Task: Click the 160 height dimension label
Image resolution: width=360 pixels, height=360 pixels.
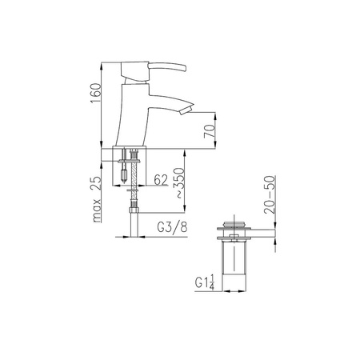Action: pos(96,94)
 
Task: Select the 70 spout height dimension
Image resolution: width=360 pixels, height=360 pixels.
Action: pos(210,131)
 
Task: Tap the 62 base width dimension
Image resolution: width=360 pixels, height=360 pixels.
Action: pos(161,180)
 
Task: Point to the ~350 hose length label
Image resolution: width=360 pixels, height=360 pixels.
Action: pos(179,183)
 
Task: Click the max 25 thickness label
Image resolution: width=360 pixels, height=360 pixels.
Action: pos(97,199)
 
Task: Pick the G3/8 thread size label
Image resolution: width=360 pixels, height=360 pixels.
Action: pos(172,227)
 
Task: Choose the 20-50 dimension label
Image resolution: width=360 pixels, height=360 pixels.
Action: pos(270,194)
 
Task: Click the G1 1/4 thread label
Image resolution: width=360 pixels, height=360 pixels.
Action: pos(205,282)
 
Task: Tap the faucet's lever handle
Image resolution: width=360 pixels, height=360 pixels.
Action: pos(167,67)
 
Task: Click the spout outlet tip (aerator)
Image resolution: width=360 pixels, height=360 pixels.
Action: pos(186,110)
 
